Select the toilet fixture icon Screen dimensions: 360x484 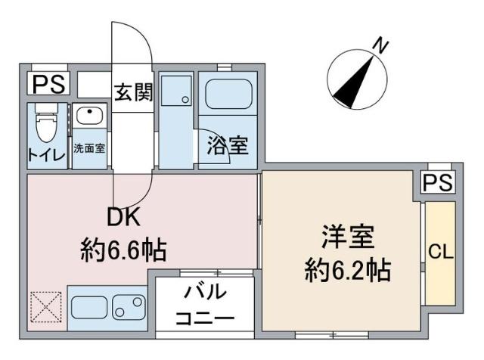pyautogui.click(x=47, y=125)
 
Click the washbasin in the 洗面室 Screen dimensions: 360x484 pyautogui.click(x=90, y=119)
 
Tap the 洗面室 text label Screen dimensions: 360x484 pyautogui.click(x=90, y=147)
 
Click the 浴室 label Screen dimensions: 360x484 pyautogui.click(x=228, y=144)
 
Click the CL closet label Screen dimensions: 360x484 pyautogui.click(x=440, y=252)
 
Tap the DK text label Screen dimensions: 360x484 pyautogui.click(x=123, y=218)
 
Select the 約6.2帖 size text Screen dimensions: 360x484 pyautogui.click(x=347, y=270)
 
